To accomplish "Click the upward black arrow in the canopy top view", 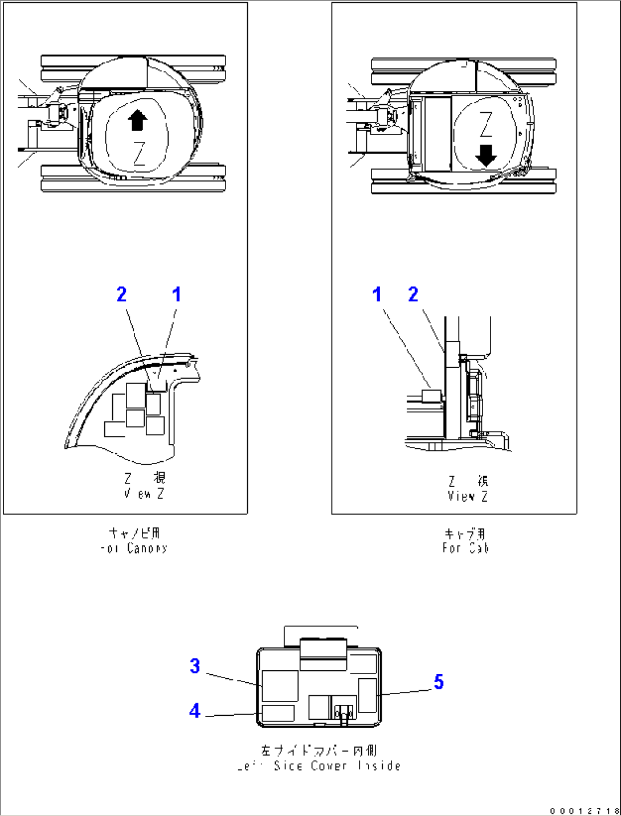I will pos(138,121).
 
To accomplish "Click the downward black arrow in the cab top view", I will pos(485,155).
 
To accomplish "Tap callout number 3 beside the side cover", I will pos(195,666).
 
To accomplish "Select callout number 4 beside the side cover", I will pos(195,711).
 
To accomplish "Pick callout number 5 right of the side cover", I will pos(438,682).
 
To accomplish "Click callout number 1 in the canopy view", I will pos(177,294).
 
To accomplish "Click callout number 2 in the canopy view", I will pos(121,294).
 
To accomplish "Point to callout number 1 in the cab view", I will pos(377,294).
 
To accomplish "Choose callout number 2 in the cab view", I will pos(413,294).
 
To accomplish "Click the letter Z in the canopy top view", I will pos(139,153).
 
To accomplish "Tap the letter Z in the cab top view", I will pos(485,125).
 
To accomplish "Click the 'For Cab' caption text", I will pos(465,548).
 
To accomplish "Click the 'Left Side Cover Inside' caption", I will pos(319,766).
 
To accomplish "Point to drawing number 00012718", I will pos(585,810).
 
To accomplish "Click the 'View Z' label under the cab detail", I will pos(467,496).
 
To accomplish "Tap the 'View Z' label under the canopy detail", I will pos(144,494).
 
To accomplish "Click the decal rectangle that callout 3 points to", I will pos(280,686).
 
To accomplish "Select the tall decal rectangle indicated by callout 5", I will pos(367,695).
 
